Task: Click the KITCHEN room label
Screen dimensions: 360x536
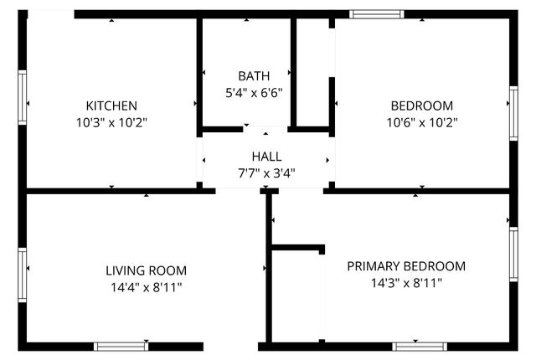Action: coord(111,105)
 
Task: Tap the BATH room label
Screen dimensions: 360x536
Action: coord(254,75)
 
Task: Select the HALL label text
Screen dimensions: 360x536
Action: coord(266,157)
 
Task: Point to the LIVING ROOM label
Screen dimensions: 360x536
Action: coord(146,270)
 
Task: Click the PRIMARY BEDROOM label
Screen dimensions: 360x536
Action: coord(406,266)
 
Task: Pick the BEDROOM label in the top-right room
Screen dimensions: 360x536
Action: coord(422,105)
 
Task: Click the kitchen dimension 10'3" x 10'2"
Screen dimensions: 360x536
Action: coord(111,122)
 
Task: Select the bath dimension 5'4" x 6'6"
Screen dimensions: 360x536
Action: coord(254,92)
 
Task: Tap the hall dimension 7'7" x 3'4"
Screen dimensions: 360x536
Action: coord(266,173)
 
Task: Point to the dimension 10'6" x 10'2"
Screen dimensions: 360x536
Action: coord(422,122)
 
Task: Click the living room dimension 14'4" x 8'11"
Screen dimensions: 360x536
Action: coord(146,287)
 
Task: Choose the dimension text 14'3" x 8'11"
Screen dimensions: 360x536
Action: coord(406,283)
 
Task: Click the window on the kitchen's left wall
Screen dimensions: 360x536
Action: coord(23,98)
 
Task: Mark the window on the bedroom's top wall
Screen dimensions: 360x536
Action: coord(376,14)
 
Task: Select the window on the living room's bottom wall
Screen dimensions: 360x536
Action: coord(121,346)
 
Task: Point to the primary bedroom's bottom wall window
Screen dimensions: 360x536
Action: coord(419,346)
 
